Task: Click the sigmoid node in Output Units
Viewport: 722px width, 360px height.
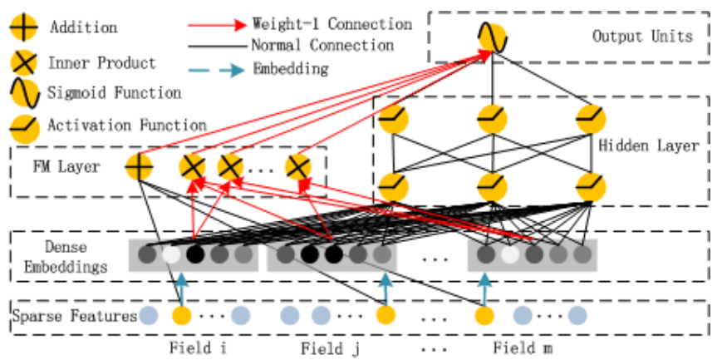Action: pos(492,38)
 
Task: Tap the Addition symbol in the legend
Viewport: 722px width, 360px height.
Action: pos(23,28)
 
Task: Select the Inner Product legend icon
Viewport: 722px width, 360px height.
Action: pos(23,63)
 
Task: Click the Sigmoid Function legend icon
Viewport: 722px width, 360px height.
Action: pos(23,94)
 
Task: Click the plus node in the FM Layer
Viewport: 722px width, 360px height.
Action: pos(140,167)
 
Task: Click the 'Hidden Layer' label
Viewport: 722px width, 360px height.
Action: pos(649,146)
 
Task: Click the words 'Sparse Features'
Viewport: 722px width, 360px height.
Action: pos(75,316)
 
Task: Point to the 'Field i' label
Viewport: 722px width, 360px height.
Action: pos(197,347)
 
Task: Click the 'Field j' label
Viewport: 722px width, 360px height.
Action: pos(330,348)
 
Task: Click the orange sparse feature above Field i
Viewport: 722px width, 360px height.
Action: pos(181,316)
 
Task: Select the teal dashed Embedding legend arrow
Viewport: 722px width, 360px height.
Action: pos(216,68)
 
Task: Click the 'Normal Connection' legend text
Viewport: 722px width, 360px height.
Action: pos(322,45)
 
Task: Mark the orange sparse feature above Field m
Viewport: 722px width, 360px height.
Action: pos(484,316)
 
